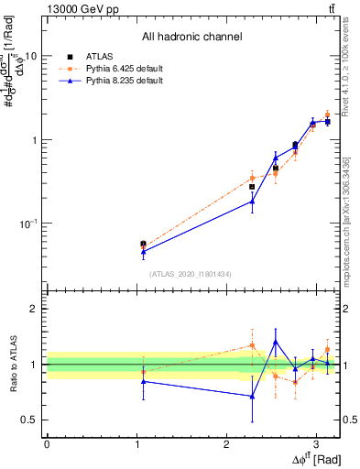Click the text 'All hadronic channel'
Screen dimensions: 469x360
pos(191,38)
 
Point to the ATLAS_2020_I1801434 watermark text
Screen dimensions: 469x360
pos(191,274)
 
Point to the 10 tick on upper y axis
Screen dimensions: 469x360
pos(30,56)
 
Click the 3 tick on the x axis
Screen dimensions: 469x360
pos(316,442)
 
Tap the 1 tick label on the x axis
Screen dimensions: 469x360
pos(136,442)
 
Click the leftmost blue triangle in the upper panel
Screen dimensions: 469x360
pos(143,251)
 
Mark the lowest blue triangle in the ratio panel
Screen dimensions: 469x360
pos(252,397)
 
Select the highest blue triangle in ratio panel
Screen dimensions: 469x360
pos(275,342)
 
